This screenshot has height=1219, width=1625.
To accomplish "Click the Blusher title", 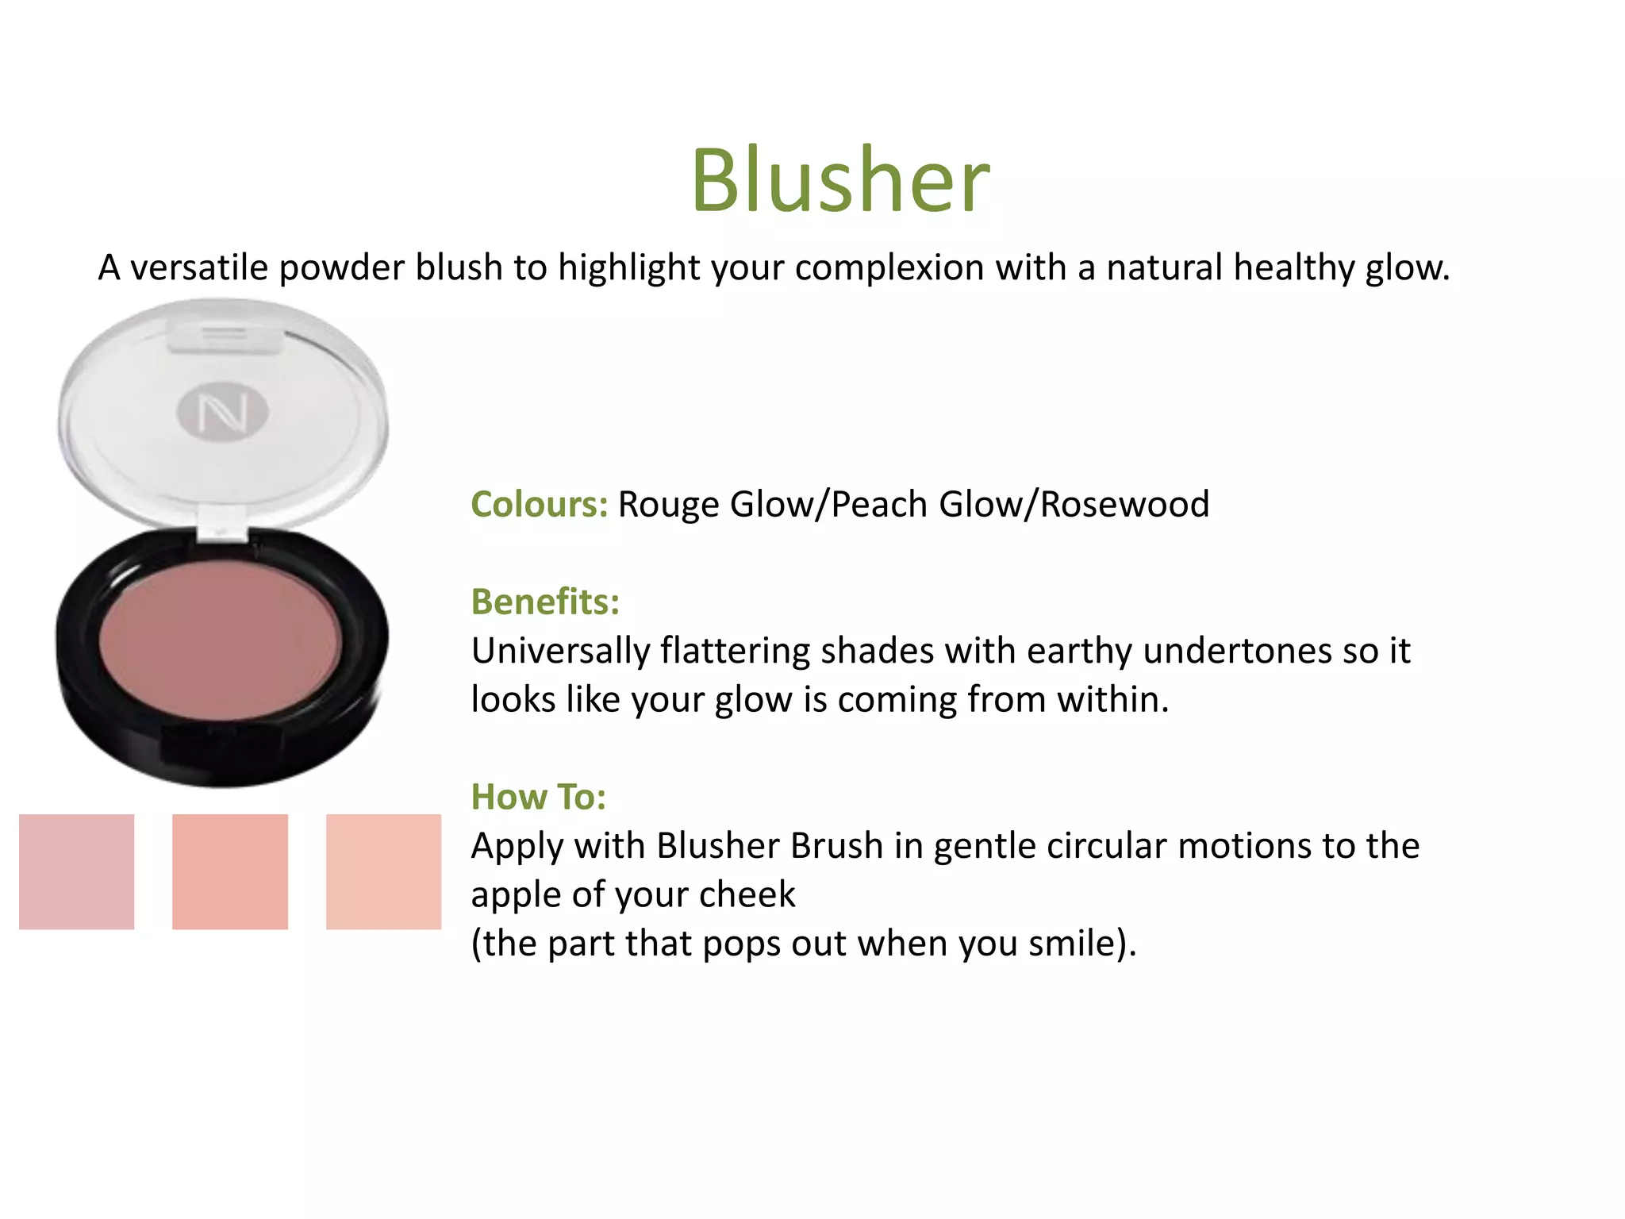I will coord(840,181).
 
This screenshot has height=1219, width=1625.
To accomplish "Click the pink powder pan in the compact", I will coord(221,640).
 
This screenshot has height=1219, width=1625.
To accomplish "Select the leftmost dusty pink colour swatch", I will coord(76,871).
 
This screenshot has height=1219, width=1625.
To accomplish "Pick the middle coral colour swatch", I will coord(230,871).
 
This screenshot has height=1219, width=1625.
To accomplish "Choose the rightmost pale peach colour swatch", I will coord(383,871).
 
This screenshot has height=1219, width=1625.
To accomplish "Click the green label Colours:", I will coord(540,505).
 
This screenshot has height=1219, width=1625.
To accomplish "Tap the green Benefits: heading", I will coord(545,602).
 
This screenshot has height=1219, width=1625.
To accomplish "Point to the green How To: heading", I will coord(539,797).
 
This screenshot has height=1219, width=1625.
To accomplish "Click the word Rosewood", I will coord(1124,505).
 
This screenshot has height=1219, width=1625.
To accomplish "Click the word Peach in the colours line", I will coord(879,505).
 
